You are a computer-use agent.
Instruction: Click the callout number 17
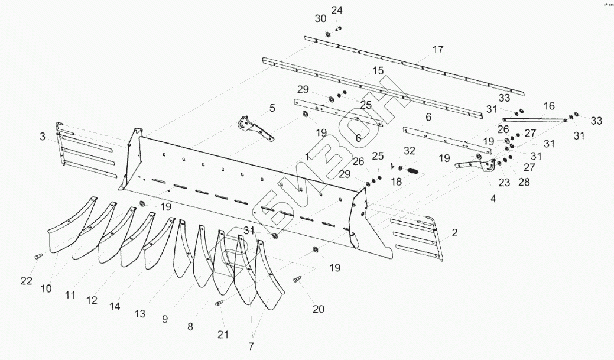pyautogui.click(x=437, y=50)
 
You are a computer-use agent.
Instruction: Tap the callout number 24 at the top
pyautogui.click(x=336, y=10)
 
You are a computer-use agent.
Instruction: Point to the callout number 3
pyautogui.click(x=43, y=137)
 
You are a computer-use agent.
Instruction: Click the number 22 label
pyautogui.click(x=25, y=281)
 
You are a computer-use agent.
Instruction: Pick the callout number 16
pyautogui.click(x=549, y=106)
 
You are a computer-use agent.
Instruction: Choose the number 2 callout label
pyautogui.click(x=454, y=232)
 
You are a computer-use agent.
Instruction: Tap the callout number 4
pyautogui.click(x=492, y=199)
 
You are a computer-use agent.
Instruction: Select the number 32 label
pyautogui.click(x=410, y=151)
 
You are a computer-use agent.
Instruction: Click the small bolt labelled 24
pyautogui.click(x=339, y=27)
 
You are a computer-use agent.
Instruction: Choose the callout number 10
pyautogui.click(x=46, y=288)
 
